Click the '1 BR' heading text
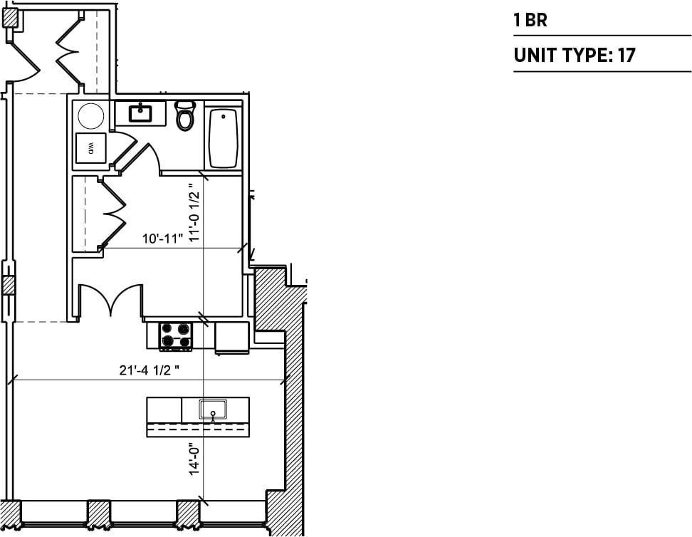pyautogui.click(x=530, y=20)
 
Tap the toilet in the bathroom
pyautogui.click(x=185, y=115)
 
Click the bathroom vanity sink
pyautogui.click(x=140, y=112)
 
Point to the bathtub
pyautogui.click(x=224, y=138)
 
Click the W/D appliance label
pyautogui.click(x=91, y=148)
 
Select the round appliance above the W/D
pyautogui.click(x=91, y=115)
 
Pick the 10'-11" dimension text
pyautogui.click(x=162, y=239)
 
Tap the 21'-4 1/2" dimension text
pyautogui.click(x=149, y=371)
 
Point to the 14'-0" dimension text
pyautogui.click(x=194, y=458)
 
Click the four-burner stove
pyautogui.click(x=175, y=335)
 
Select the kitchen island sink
pyautogui.click(x=213, y=410)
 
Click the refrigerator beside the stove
pyautogui.click(x=232, y=337)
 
